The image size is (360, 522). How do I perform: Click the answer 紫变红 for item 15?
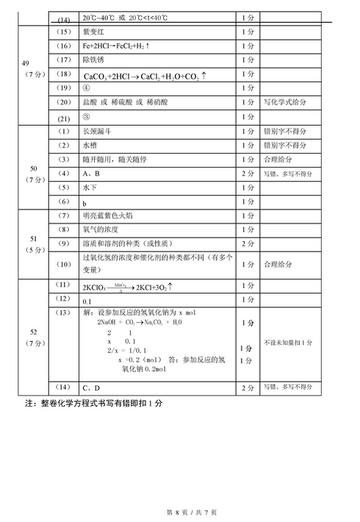[x=97, y=33]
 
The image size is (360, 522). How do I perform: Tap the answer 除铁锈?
[x=97, y=60]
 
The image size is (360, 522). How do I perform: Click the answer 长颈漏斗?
[x=101, y=132]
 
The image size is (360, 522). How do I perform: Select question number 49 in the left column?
[x=26, y=62]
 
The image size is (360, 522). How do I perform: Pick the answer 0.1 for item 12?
[x=87, y=301]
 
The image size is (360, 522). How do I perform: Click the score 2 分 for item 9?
[x=248, y=243]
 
